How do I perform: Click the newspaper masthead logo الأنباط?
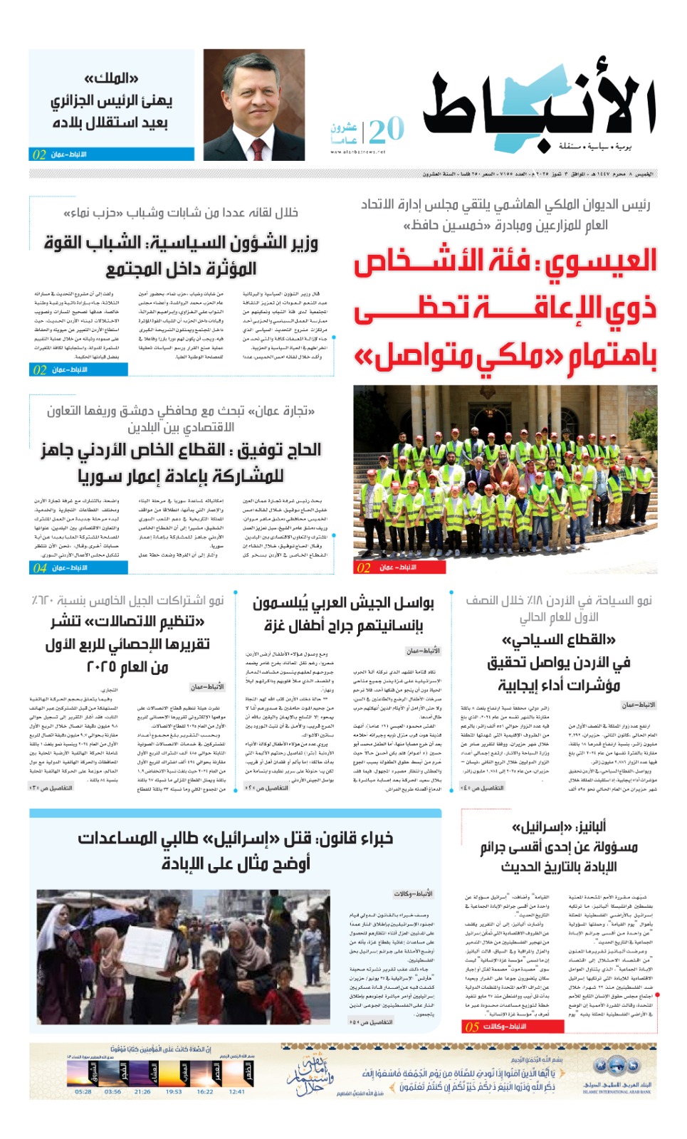pos(539,107)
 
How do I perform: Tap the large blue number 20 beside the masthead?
pos(387,130)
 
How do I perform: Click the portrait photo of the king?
pos(254,105)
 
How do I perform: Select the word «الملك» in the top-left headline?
pos(111,78)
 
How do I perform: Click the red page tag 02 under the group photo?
pos(364,567)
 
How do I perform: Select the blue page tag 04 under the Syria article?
pos(40,567)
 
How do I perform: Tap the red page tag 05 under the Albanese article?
pos(472,1027)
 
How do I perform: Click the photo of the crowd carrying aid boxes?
pos(183,956)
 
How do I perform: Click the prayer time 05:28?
pos(83,1091)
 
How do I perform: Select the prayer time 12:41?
pos(237,1091)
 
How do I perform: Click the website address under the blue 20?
pos(357,152)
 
